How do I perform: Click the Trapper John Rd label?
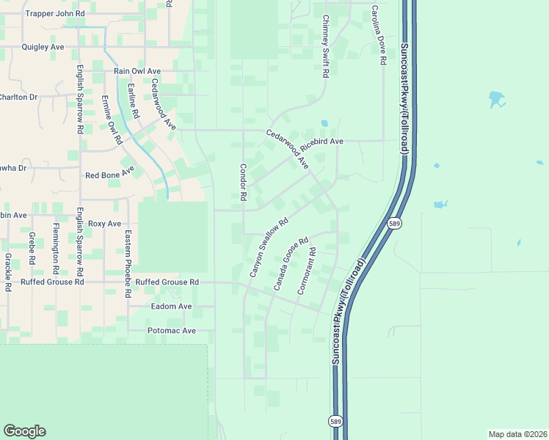point(54,13)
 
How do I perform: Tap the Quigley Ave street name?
point(43,46)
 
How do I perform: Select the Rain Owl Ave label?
point(137,71)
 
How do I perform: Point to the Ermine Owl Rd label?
point(111,119)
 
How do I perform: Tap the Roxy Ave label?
point(104,223)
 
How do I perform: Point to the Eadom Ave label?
point(171,306)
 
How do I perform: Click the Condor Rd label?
point(242,183)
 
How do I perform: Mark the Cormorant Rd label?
point(306,271)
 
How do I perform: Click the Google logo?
point(24,431)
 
